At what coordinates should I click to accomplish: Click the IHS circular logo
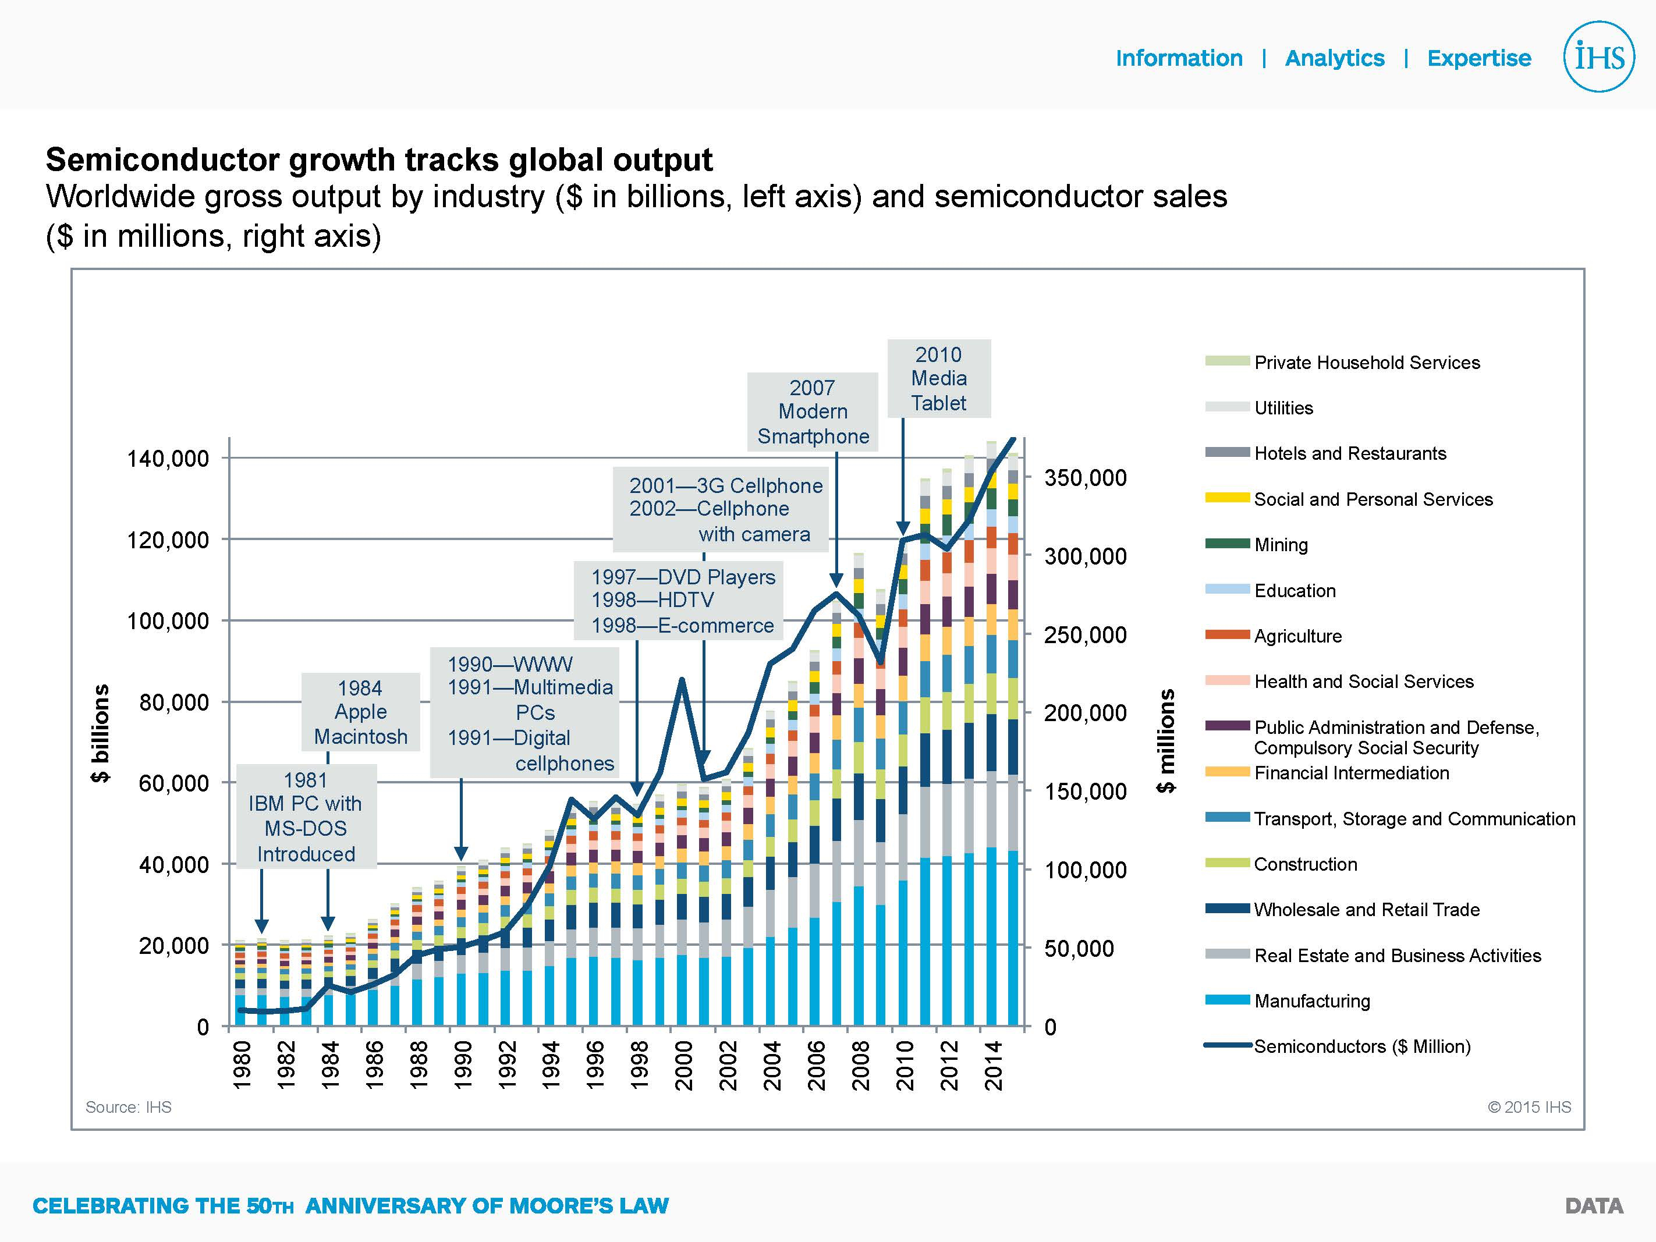[x=1598, y=57]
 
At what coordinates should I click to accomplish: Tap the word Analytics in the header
[x=1334, y=58]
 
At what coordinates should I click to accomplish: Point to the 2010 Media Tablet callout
[x=939, y=379]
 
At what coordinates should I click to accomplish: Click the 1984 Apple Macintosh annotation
[x=360, y=712]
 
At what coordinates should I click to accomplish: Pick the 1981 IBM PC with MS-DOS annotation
[x=306, y=817]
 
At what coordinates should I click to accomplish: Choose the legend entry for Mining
[x=1281, y=544]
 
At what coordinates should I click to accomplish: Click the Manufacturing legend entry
[x=1311, y=1001]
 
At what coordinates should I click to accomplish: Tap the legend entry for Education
[x=1295, y=591]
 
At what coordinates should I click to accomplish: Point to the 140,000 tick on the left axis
[x=168, y=458]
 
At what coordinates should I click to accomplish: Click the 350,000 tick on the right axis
[x=1085, y=478]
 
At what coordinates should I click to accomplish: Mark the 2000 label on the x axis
[x=683, y=1065]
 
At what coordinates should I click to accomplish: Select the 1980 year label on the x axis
[x=241, y=1065]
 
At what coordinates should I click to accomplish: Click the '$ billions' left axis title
[x=100, y=734]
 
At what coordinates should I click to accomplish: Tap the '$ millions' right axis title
[x=1166, y=741]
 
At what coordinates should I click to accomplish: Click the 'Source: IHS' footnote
[x=128, y=1107]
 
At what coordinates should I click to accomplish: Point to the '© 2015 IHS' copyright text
[x=1529, y=1107]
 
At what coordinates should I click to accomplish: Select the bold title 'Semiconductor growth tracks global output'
[x=379, y=159]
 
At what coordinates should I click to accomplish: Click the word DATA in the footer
[x=1594, y=1206]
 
